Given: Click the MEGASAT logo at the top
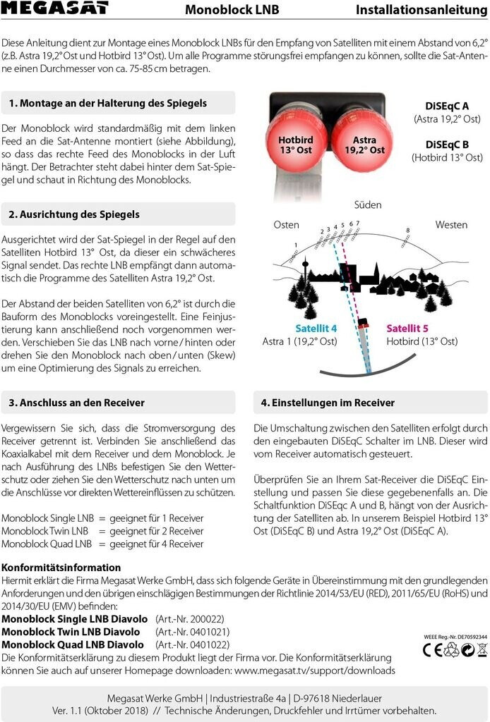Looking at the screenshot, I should pyautogui.click(x=54, y=8).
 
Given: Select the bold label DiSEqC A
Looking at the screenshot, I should pyautogui.click(x=447, y=105).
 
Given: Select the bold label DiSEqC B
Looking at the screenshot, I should pyautogui.click(x=447, y=145).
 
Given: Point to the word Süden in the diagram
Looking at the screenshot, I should pyautogui.click(x=367, y=204).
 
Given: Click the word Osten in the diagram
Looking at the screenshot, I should pyautogui.click(x=286, y=225).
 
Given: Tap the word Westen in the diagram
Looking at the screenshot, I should pyautogui.click(x=451, y=225).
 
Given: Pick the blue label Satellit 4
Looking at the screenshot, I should pyautogui.click(x=316, y=329).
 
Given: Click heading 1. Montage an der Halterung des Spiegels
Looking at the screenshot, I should pyautogui.click(x=108, y=103).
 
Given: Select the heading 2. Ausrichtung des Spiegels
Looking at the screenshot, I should pyautogui.click(x=74, y=214).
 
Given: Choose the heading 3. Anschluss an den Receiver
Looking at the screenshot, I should pyautogui.click(x=76, y=403).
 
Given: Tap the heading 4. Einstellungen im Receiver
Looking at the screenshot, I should pyautogui.click(x=328, y=403).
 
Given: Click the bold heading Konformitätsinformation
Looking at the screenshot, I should pyautogui.click(x=61, y=567).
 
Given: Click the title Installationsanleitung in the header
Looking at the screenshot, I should pyautogui.click(x=422, y=9).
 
